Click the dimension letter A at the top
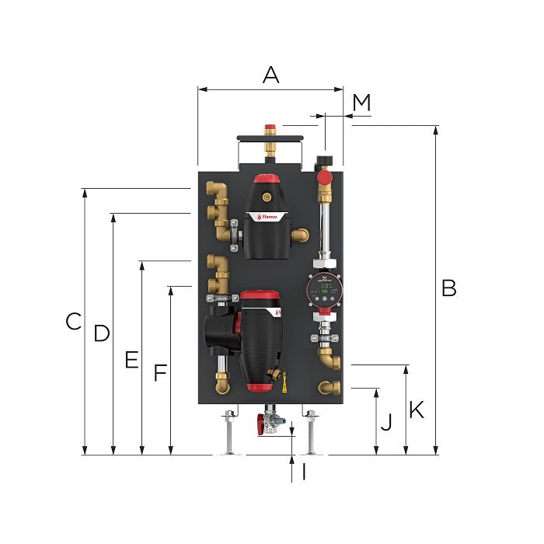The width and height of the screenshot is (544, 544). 270,75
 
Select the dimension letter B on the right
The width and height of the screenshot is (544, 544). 448,288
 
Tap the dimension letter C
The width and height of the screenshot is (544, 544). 73,321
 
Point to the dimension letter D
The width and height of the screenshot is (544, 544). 102,333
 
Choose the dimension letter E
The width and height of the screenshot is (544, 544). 131,360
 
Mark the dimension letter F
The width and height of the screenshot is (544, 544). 159,374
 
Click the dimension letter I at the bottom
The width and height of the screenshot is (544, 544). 304,472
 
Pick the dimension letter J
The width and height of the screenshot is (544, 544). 386,424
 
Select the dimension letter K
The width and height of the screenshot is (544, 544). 417,410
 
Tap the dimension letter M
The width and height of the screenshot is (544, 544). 361,102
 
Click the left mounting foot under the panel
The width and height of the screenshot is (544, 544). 228,435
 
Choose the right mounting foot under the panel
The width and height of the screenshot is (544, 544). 311,435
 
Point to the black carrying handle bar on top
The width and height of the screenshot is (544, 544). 269,138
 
